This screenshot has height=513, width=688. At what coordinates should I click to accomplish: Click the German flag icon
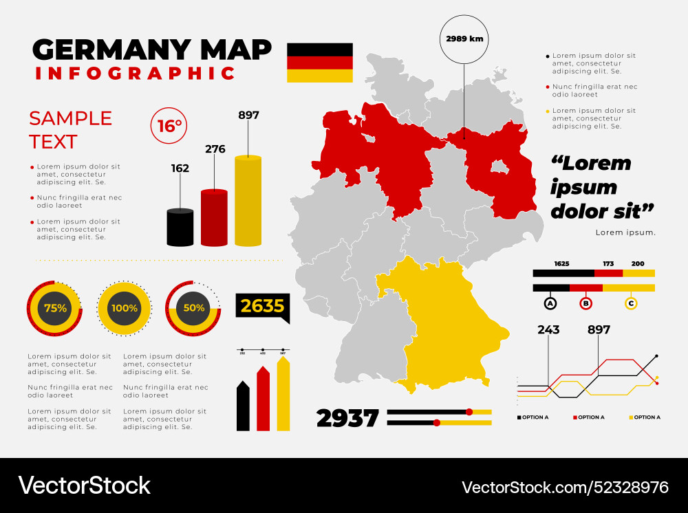319,63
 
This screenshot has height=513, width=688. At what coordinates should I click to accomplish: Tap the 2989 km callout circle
464,39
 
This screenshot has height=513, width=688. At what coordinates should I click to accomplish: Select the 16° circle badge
169,126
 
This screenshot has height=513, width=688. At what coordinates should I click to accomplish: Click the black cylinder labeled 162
180,227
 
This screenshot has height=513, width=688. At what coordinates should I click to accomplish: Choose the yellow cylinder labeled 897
248,201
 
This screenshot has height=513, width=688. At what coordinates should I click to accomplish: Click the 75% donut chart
55,309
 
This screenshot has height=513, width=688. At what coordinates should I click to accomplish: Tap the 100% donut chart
124,309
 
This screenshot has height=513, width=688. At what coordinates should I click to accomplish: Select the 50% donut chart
193,309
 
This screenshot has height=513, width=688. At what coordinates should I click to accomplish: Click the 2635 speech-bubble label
262,306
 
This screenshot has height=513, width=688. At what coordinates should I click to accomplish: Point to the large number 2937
347,417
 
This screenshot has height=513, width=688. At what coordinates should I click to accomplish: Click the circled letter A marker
550,303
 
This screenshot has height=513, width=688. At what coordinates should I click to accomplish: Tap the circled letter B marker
586,303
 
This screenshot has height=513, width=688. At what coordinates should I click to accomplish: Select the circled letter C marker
631,303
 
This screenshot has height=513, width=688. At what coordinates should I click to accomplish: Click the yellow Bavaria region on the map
447,323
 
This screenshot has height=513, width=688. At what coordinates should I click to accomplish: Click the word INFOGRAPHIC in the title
136,73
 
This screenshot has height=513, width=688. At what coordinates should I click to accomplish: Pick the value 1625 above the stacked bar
561,263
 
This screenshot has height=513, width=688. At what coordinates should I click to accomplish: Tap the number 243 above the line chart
548,329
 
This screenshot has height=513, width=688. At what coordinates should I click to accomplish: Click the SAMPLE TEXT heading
70,130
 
